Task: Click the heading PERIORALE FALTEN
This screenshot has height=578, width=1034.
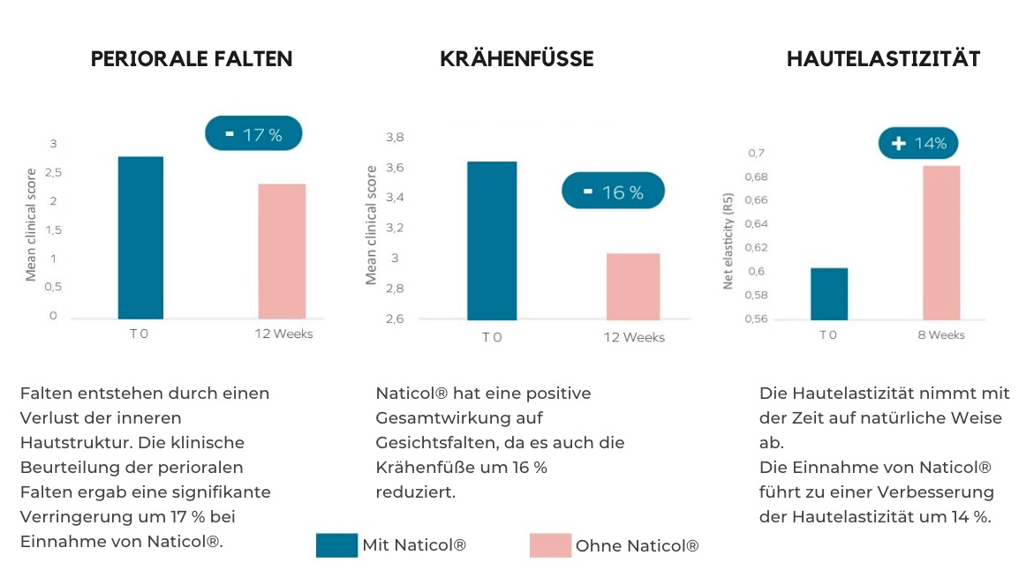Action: (x=192, y=59)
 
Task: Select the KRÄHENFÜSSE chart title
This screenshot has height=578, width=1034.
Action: (x=517, y=59)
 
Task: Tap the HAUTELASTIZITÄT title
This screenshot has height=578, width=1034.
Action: (x=883, y=59)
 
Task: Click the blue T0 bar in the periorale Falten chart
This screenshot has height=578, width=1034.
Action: (x=140, y=237)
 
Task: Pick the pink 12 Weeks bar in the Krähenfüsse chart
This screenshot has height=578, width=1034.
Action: (x=633, y=287)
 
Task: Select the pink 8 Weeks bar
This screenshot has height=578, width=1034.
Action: (x=941, y=243)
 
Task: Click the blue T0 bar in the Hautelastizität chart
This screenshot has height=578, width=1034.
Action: (x=828, y=294)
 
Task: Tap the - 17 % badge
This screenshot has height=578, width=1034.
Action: (x=253, y=134)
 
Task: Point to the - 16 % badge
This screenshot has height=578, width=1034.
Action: (x=613, y=191)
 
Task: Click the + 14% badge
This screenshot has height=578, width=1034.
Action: (x=918, y=143)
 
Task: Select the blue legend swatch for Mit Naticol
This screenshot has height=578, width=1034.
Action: (x=336, y=545)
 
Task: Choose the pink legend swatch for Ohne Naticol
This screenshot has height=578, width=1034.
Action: (x=550, y=545)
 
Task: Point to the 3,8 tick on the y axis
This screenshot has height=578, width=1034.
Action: (x=395, y=138)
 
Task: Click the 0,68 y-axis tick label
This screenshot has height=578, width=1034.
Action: (x=757, y=176)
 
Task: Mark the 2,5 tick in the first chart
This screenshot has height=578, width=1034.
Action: (x=53, y=172)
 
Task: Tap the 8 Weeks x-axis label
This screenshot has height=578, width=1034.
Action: (x=941, y=335)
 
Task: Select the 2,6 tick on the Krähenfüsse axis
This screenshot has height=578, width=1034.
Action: (x=395, y=319)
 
